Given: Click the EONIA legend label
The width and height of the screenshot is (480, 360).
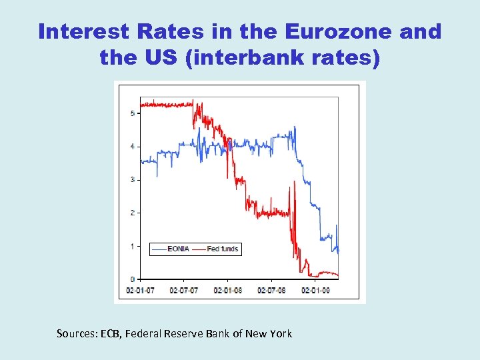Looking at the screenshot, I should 179,249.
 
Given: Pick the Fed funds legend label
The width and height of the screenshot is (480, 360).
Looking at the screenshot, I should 222,249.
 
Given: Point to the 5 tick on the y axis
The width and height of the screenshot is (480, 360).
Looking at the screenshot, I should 132,113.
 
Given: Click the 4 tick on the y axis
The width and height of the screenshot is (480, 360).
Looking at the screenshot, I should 132,146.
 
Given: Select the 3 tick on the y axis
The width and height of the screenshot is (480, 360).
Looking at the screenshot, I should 132,179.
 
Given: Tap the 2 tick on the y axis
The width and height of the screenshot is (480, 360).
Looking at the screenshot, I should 132,213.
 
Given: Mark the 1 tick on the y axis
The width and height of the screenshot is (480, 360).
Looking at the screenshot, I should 132,246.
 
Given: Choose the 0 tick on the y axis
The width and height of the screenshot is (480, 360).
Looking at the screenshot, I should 132,279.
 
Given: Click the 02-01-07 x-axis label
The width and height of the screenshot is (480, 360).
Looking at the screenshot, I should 140,291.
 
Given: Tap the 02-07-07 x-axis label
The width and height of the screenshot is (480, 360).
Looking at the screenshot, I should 184,291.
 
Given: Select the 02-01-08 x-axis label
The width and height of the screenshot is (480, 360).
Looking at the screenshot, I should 228,291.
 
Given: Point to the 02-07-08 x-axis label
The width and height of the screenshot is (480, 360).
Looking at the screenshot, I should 272,291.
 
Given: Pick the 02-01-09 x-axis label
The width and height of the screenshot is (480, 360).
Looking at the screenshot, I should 316,291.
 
